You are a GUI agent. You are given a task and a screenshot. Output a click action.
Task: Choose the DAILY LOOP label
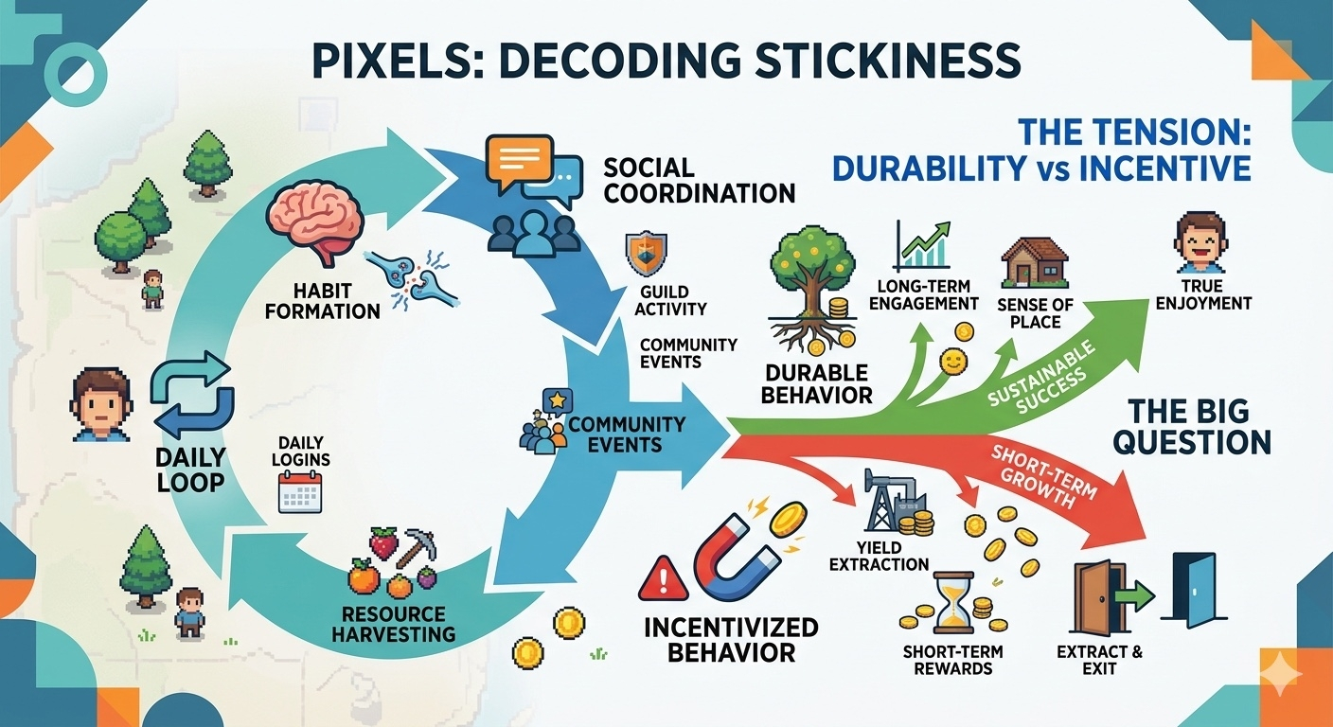[x=191, y=469]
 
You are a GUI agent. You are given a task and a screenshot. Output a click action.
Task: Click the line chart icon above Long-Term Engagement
[x=922, y=246]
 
